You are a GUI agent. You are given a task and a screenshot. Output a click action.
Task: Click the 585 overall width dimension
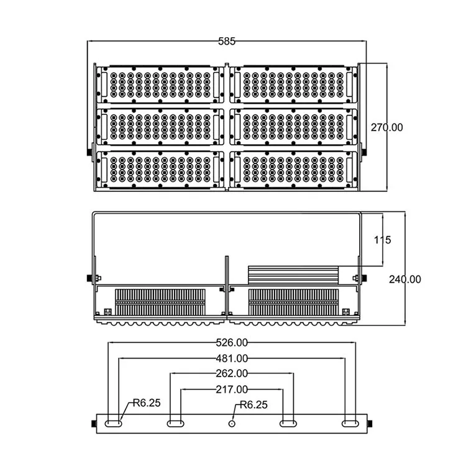tap(226, 42)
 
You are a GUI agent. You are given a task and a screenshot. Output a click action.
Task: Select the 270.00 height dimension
tap(386, 127)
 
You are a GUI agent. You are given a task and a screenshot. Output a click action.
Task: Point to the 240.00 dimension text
tap(404, 280)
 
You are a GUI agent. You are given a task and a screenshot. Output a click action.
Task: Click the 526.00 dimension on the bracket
tap(232, 342)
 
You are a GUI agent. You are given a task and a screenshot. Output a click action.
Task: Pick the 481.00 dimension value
tap(232, 358)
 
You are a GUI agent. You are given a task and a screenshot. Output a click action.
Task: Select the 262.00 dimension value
tap(232, 373)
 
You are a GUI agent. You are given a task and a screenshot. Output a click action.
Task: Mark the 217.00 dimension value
tap(232, 389)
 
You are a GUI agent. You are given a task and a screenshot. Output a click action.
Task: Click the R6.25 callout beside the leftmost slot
tap(146, 403)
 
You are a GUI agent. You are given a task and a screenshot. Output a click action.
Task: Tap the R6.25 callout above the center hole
tap(253, 404)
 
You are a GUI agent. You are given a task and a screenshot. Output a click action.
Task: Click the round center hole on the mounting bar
tap(232, 423)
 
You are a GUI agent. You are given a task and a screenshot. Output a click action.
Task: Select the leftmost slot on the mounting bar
tap(114, 423)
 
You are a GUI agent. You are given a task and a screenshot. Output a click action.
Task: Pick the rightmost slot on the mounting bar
tap(350, 423)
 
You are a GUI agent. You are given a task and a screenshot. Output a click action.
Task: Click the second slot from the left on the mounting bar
tap(175, 423)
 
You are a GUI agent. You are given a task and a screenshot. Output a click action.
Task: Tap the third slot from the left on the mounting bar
tap(288, 423)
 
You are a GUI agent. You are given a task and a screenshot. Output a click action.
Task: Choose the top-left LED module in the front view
tap(160, 84)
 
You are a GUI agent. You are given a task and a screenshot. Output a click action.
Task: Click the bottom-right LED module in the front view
tap(293, 168)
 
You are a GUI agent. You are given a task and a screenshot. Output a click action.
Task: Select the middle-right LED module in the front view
tap(293, 126)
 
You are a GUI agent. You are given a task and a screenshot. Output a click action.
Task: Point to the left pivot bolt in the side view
tap(89, 277)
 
